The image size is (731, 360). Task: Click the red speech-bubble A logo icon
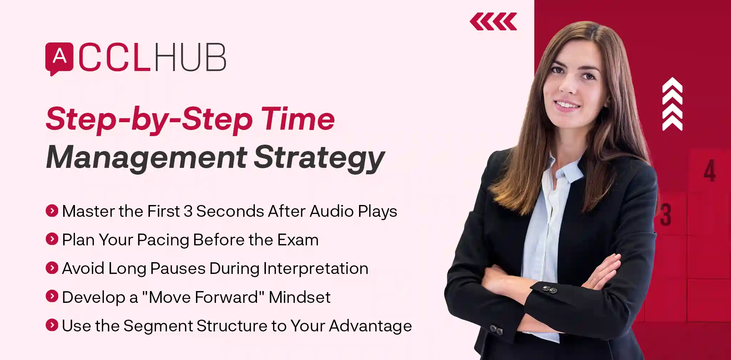[x=59, y=58]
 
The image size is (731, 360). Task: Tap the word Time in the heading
[x=298, y=119]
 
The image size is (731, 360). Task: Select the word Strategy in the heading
[x=319, y=158]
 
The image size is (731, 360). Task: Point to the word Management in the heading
[x=146, y=157]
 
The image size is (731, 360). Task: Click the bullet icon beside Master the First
[x=52, y=211]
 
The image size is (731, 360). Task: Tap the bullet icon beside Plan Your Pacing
[x=52, y=239]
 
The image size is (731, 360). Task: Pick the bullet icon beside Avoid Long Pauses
[x=52, y=268]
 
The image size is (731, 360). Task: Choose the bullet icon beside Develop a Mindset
[x=52, y=296]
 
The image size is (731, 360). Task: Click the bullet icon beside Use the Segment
[x=52, y=325]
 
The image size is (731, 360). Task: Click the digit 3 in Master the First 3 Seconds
[x=188, y=211]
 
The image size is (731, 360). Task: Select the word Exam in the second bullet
[x=298, y=240]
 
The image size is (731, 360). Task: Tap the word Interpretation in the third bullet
[x=316, y=269]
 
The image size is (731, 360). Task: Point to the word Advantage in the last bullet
[x=370, y=326]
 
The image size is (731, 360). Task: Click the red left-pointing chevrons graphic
[x=493, y=21]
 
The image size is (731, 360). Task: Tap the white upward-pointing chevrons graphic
[x=672, y=104]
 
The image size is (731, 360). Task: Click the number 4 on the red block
[x=710, y=171]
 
